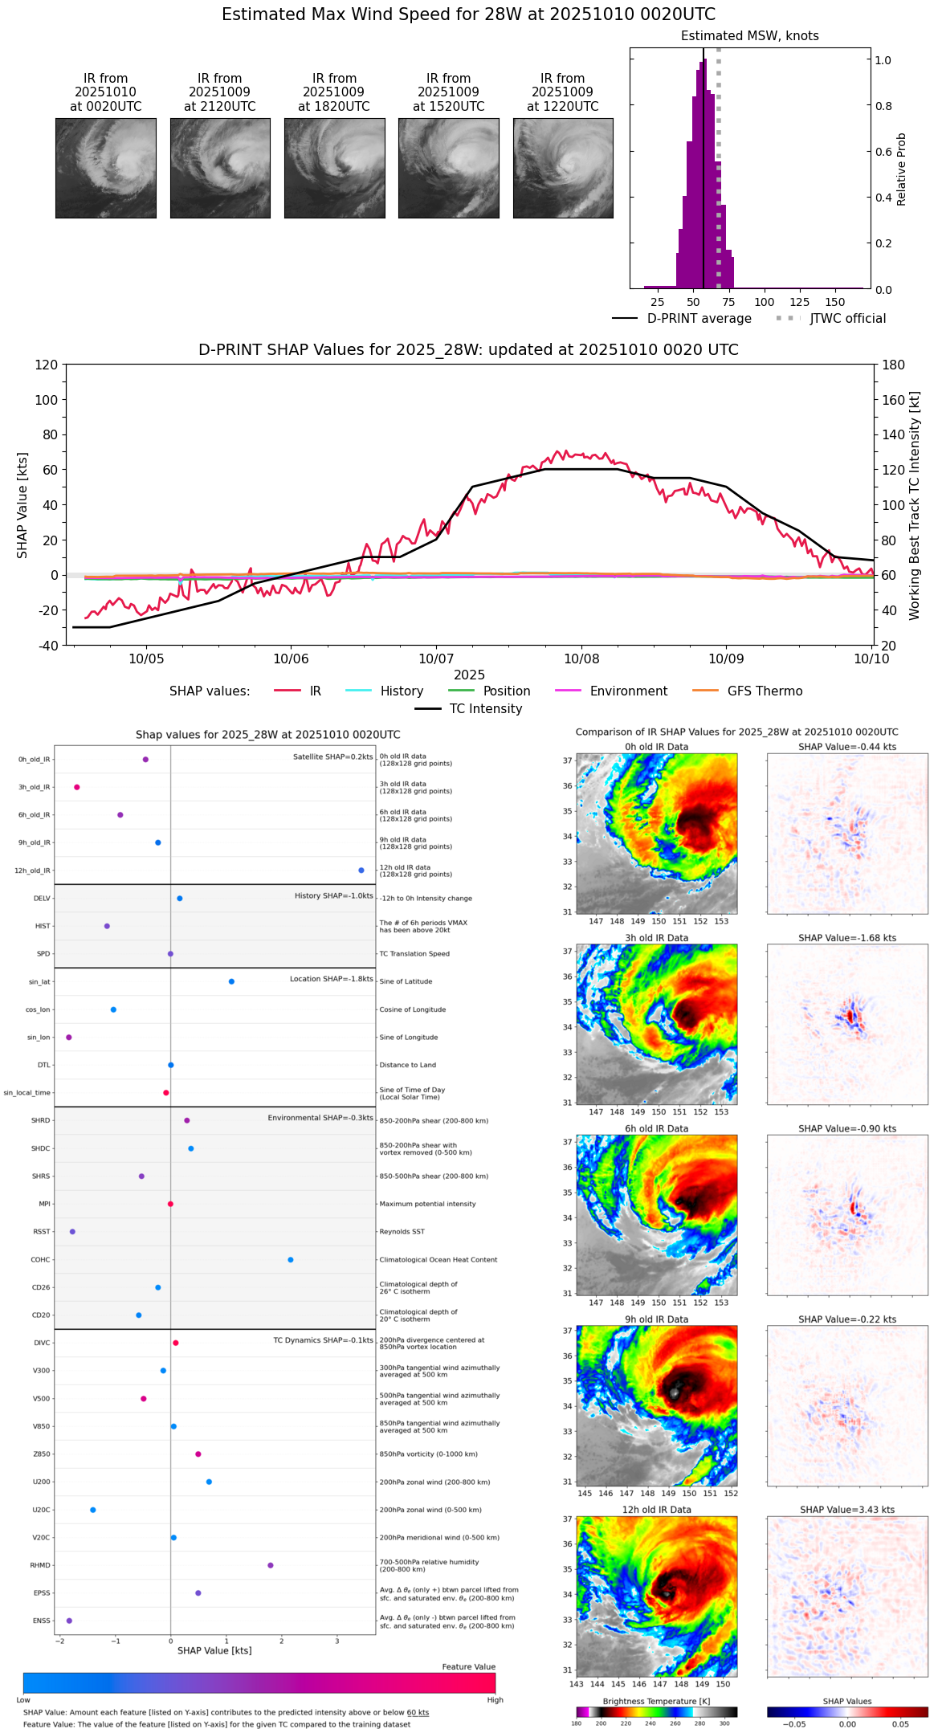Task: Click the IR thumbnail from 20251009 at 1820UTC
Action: coord(334,168)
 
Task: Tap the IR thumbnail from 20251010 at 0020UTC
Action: coord(106,168)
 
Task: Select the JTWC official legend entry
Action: coord(847,319)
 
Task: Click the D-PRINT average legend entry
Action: coord(699,319)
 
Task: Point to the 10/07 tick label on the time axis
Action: coord(436,659)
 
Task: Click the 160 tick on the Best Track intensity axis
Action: coord(894,400)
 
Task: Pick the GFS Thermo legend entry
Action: coord(765,691)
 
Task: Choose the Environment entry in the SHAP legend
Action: coord(628,691)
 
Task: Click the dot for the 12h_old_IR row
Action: coord(361,871)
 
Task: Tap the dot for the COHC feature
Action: coord(291,1260)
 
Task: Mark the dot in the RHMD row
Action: coord(271,1565)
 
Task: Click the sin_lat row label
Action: coord(39,982)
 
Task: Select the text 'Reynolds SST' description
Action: coord(402,1232)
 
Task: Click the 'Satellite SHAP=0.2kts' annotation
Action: coord(332,757)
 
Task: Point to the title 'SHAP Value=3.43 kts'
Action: coord(847,1510)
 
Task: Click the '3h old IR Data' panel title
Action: coord(656,938)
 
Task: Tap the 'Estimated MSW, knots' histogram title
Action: coord(749,36)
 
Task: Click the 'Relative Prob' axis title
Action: coord(902,169)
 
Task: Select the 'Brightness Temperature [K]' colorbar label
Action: coord(656,1702)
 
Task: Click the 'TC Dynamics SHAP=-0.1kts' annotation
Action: coord(323,1340)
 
